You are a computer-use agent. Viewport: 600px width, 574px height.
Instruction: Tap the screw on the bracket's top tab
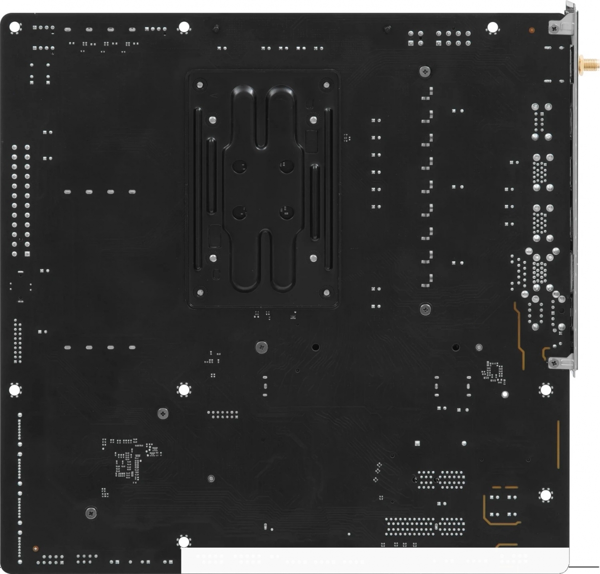[554, 29]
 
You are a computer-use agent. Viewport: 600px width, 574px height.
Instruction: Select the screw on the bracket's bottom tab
[554, 363]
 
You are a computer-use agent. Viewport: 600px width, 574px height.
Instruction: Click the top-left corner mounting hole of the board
[15, 27]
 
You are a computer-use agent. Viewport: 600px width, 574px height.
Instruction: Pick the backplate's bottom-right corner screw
[327, 292]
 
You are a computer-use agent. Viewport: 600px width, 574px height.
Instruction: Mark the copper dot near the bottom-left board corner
[35, 549]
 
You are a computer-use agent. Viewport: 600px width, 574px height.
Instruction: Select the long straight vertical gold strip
[558, 445]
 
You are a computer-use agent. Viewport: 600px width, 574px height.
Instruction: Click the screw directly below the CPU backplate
[261, 348]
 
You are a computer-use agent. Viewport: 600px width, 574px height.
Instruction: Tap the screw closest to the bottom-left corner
[91, 513]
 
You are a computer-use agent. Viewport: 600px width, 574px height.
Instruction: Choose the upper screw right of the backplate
[425, 71]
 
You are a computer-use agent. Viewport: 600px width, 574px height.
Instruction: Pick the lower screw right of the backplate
[425, 309]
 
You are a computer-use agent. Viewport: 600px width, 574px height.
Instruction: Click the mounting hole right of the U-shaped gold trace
[545, 495]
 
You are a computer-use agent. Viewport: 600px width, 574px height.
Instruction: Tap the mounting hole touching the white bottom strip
[183, 541]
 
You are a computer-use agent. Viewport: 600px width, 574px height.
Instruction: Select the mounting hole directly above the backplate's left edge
[183, 27]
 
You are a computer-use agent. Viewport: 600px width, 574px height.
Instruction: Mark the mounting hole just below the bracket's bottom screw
[545, 390]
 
